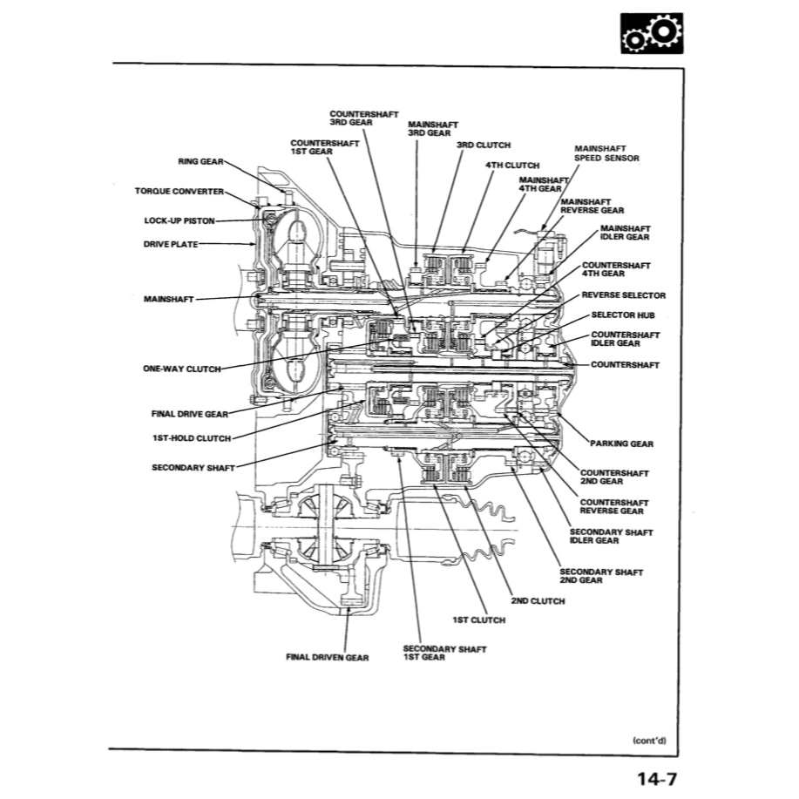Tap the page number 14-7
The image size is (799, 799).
(x=653, y=777)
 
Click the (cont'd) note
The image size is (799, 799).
(x=649, y=741)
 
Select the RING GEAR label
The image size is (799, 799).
(x=200, y=162)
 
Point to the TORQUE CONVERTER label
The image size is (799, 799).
(x=179, y=191)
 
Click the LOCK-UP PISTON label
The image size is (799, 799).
(x=179, y=220)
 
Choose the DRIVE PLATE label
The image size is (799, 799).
(x=171, y=245)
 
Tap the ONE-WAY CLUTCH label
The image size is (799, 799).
(x=181, y=369)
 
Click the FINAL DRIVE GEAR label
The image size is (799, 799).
(x=189, y=414)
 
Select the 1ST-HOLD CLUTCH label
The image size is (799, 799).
(x=191, y=438)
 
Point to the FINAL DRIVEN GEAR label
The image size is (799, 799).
(x=327, y=658)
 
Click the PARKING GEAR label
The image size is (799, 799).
(x=620, y=444)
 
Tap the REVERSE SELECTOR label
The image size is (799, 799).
(x=623, y=295)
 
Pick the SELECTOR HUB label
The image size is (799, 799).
(x=622, y=315)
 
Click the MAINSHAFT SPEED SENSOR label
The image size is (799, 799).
(x=606, y=153)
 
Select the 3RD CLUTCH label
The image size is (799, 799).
(x=483, y=146)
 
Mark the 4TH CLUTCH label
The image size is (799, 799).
(x=512, y=165)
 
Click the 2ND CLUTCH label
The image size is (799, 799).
(x=537, y=601)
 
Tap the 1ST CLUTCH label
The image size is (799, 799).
(x=478, y=620)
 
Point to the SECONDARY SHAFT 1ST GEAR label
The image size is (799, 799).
(x=444, y=653)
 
